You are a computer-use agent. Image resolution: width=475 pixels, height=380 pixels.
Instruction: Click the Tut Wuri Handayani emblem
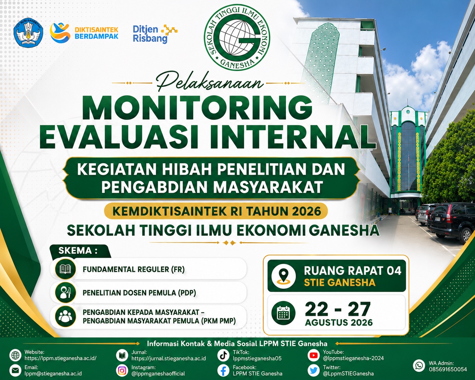point(28,33)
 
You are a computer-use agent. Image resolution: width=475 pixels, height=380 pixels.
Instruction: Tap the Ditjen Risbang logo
point(155,34)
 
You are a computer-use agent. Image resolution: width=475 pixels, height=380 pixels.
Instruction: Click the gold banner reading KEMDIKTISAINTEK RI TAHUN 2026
point(216,211)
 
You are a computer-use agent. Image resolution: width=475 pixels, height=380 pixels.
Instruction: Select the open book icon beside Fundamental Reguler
point(65,269)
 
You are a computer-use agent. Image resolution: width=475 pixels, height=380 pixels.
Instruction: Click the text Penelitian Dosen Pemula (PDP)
point(139,293)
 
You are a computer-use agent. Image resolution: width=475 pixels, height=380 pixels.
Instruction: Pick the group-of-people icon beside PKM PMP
point(65,316)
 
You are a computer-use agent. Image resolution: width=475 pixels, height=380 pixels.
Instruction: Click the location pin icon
point(284,276)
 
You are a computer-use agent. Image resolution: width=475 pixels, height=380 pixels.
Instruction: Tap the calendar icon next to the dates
point(284,313)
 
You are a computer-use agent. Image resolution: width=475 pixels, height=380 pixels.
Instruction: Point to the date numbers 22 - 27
point(338,309)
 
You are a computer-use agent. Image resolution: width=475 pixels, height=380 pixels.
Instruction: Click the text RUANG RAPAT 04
point(352,271)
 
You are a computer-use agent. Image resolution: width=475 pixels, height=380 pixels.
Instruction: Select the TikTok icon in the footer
point(223,355)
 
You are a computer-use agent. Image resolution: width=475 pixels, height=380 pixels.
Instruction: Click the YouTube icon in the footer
point(313,355)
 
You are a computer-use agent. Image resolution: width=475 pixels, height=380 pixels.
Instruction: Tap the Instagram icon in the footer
point(122,371)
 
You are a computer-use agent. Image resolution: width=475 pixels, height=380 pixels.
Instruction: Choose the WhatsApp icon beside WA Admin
point(419,365)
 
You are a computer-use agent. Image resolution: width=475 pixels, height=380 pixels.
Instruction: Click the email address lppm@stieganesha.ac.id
point(53,373)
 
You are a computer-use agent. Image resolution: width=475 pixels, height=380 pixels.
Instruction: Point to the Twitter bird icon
point(313,371)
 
